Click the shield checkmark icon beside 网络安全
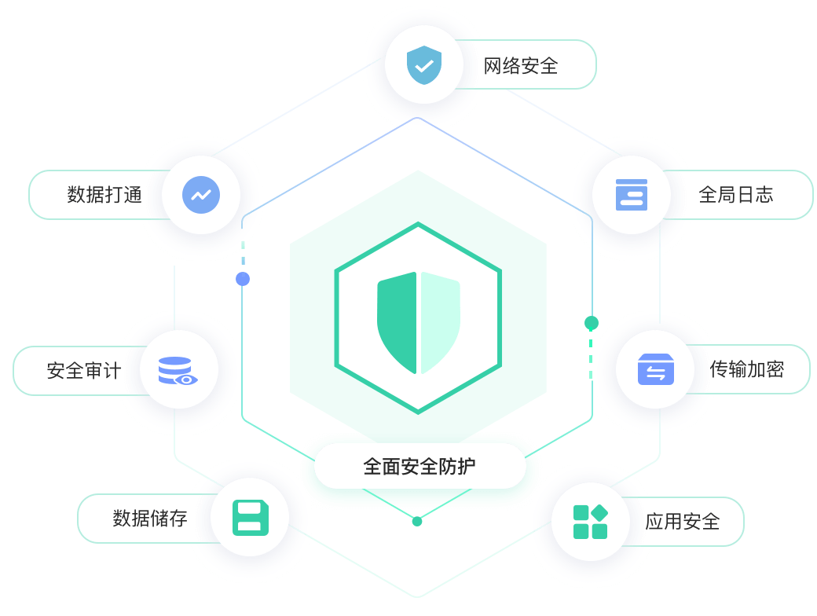[424, 64]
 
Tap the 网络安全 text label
[521, 65]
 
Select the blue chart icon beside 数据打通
[201, 194]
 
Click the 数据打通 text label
[105, 195]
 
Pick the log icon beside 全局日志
[632, 194]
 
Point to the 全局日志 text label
[736, 195]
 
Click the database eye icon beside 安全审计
[178, 371]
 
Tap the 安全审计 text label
[84, 370]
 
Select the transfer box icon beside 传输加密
[656, 368]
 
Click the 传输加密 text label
[747, 368]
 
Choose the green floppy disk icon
[251, 518]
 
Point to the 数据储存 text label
[150, 518]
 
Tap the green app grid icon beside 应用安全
[591, 522]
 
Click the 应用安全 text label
[683, 521]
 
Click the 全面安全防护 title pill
[419, 467]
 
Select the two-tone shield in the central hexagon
[419, 322]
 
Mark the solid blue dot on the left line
[243, 279]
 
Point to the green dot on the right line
[592, 323]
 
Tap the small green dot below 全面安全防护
[417, 521]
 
